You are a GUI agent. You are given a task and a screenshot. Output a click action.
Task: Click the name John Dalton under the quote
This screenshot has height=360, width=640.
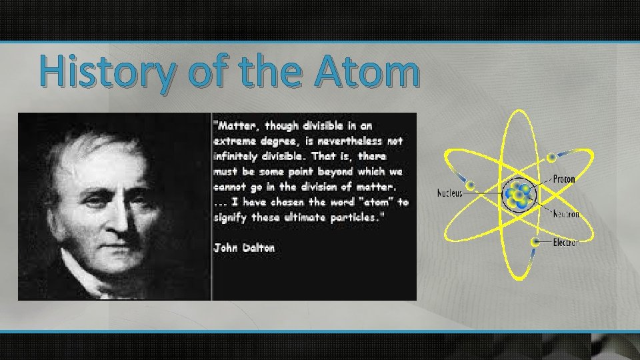244,248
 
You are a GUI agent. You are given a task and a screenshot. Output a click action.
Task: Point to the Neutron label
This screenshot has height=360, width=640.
565,214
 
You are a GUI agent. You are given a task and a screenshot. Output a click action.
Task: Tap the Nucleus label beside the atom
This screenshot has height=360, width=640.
449,193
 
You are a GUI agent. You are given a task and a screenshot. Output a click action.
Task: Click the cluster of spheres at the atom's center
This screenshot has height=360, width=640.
517,194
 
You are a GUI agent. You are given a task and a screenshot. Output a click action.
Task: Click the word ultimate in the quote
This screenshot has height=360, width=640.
303,217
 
